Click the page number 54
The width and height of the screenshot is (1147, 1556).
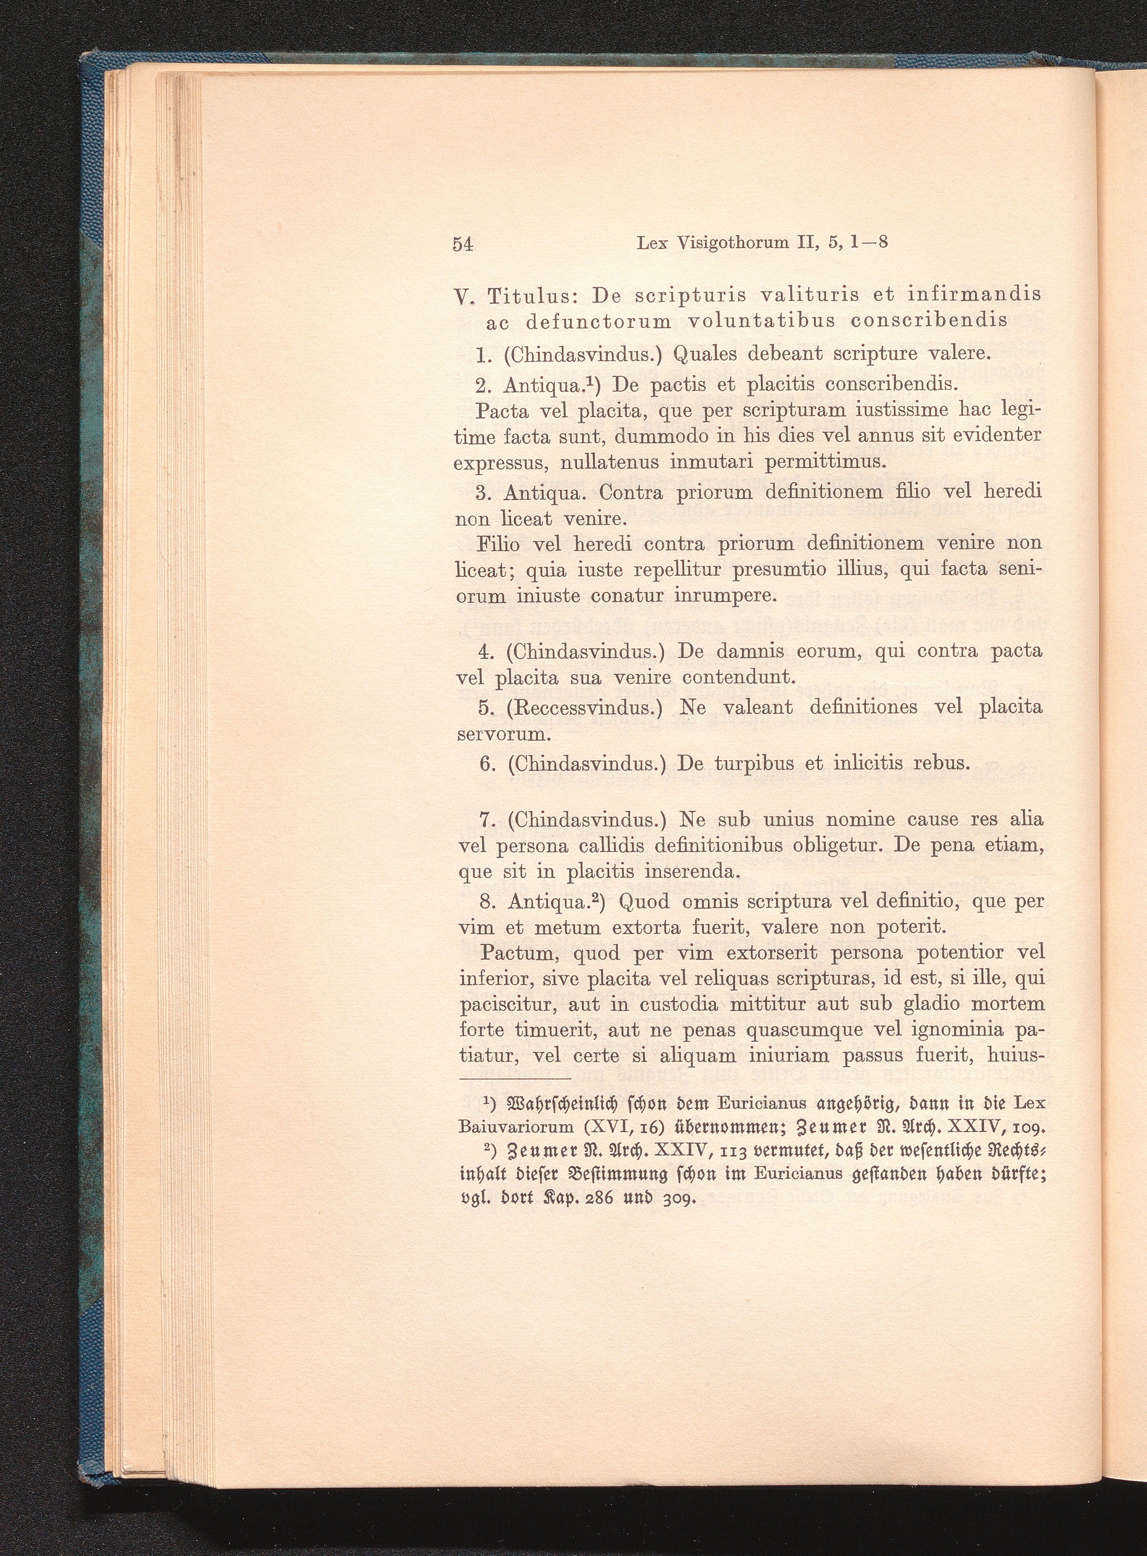click(463, 244)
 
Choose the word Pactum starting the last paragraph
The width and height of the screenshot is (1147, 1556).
click(515, 952)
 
